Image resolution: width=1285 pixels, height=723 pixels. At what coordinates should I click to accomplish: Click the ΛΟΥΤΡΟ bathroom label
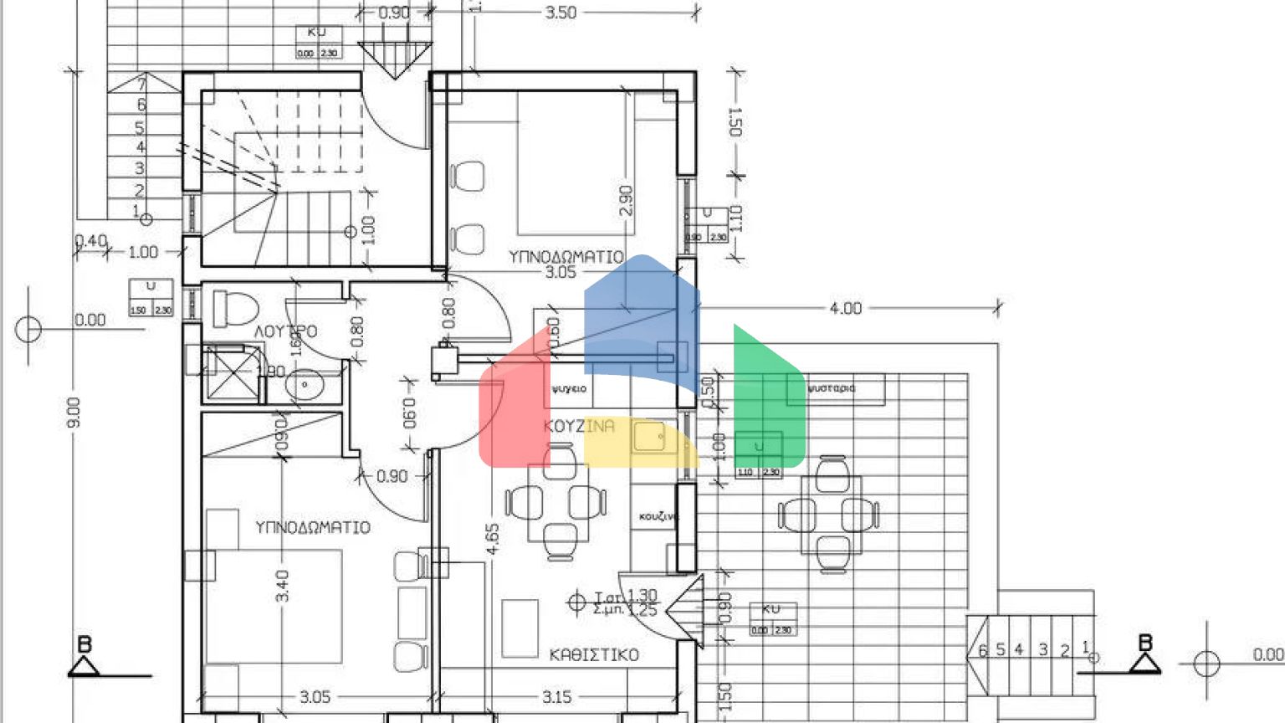pos(285,331)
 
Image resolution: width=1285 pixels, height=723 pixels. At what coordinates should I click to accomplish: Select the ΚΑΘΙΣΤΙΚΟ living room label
pos(594,654)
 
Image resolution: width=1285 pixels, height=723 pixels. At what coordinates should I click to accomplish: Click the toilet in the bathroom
pos(234,307)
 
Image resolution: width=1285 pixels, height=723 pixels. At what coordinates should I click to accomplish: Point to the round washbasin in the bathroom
pos(305,385)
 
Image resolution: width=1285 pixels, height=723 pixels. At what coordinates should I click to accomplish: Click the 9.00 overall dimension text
pos(74,413)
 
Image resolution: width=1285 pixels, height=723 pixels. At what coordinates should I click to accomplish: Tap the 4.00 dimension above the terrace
pos(845,308)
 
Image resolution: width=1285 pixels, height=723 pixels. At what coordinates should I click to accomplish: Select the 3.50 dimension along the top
pos(561,13)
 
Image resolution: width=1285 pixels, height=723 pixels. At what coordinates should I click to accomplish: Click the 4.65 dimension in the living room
pos(493,539)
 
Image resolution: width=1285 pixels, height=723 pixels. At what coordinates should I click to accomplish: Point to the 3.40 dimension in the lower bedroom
pos(283,586)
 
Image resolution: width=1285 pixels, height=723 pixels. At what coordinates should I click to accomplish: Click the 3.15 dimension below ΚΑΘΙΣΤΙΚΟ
pos(556,696)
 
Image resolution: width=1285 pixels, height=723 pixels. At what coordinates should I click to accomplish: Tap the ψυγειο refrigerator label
pos(569,389)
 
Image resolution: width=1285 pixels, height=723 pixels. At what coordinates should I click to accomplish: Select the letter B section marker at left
pos(84,645)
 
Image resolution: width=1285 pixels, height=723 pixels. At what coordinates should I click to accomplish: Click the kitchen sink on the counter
pos(648,436)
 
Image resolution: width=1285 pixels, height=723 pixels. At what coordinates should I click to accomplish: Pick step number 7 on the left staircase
pos(142,84)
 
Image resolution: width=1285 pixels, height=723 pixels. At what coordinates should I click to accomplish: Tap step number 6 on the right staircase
pos(983,650)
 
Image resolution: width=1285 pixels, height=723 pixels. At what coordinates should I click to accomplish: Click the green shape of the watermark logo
pos(768,397)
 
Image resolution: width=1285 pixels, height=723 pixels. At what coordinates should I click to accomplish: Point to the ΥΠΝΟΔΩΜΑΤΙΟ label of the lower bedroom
pos(312,527)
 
